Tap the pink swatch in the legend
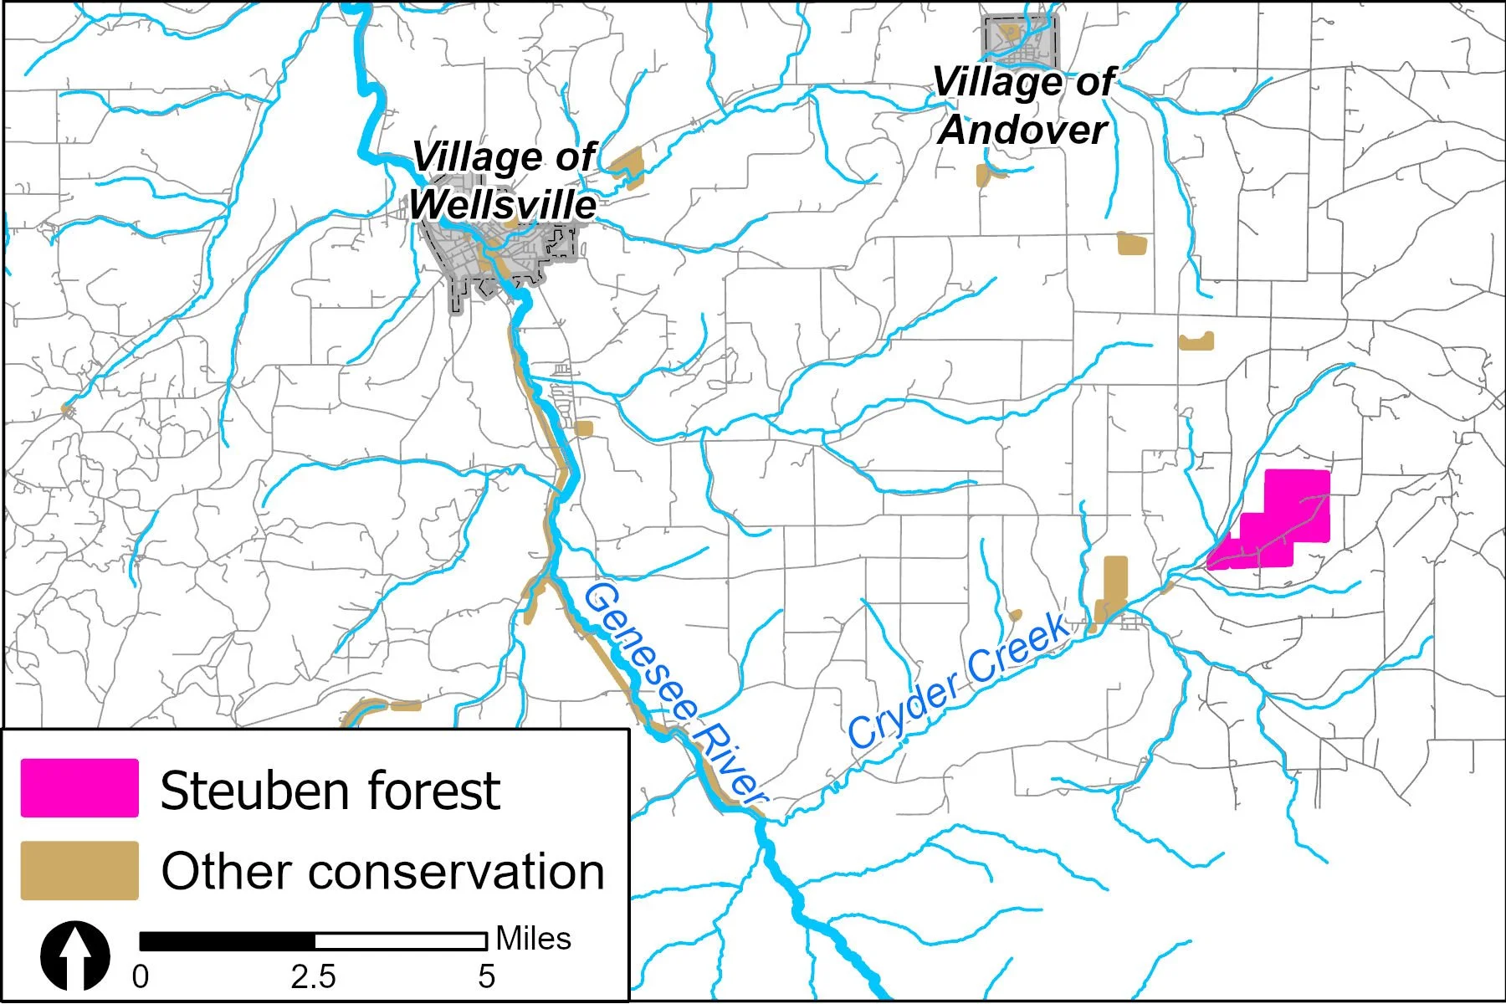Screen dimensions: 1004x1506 (79, 788)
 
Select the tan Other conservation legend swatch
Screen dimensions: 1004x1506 (79, 871)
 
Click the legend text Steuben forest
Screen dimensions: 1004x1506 (330, 791)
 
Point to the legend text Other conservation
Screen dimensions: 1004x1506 (382, 872)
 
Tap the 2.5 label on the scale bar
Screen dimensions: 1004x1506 (313, 976)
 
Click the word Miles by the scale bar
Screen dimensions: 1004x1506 (533, 939)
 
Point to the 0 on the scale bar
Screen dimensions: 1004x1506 (141, 976)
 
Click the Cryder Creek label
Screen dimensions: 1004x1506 (958, 682)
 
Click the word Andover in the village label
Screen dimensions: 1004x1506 (1022, 130)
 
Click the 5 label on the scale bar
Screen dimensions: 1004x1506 (486, 976)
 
